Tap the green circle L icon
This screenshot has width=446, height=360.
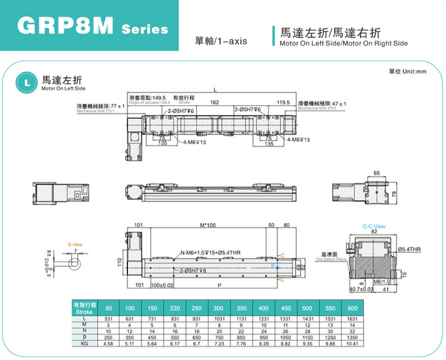(26, 82)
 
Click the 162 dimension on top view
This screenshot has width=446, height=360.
(214, 103)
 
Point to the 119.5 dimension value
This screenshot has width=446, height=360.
(284, 103)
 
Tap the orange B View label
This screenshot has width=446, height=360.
(75, 244)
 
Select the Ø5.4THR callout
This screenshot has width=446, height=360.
(409, 249)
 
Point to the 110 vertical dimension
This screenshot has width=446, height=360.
(120, 262)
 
